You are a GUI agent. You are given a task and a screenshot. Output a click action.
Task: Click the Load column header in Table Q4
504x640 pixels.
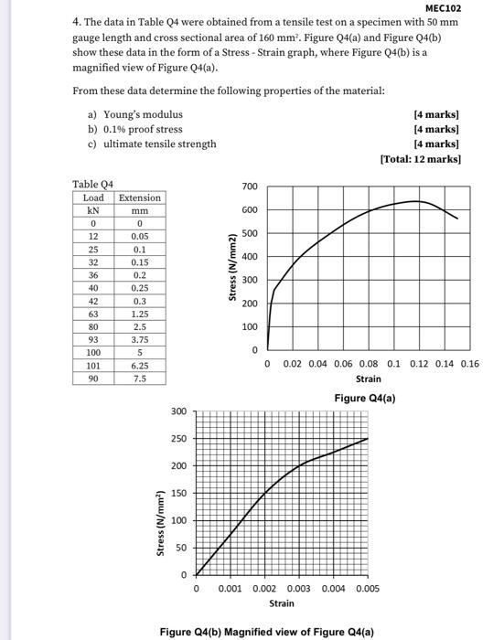pos(93,197)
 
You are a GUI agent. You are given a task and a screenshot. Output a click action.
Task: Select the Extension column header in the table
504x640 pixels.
pos(140,197)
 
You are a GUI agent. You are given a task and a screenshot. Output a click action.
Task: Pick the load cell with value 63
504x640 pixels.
pos(93,313)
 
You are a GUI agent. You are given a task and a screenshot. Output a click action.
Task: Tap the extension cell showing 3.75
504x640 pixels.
pos(140,338)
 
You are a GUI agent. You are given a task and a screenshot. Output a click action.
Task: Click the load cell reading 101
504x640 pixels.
pos(93,364)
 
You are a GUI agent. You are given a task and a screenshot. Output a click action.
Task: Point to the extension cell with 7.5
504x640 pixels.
pos(140,377)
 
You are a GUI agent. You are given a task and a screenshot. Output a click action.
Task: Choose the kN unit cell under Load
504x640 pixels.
pos(93,210)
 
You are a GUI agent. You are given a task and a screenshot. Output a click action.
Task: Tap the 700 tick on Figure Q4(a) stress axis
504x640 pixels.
pos(250,187)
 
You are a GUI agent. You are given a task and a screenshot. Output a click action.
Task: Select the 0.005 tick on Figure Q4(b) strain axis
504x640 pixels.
pos(367,589)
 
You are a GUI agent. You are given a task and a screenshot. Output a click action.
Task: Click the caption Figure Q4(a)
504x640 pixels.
pos(365,399)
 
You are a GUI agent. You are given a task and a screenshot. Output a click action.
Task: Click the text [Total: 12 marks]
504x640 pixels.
pos(420,159)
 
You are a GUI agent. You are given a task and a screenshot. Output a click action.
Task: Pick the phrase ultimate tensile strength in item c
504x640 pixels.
pos(160,144)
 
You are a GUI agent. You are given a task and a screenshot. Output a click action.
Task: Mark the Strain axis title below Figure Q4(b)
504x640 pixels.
pos(282,603)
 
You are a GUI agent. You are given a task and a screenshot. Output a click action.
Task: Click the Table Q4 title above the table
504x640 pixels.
pos(92,184)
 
